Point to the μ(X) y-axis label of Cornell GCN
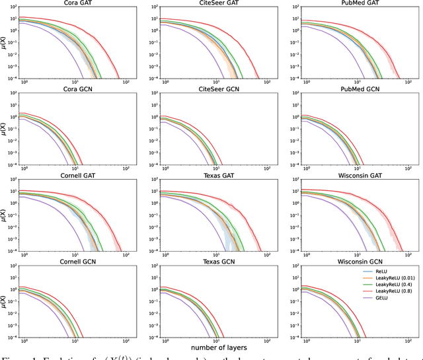(x=5, y=301)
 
